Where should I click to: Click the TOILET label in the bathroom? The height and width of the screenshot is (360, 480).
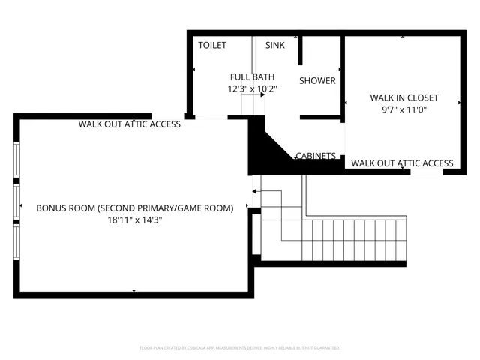[212, 46]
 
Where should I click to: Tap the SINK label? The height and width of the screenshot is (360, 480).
[275, 46]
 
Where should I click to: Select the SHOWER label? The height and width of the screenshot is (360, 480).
[318, 81]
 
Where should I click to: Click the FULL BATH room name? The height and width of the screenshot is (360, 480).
[252, 76]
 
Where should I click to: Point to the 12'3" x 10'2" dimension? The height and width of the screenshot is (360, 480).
[253, 88]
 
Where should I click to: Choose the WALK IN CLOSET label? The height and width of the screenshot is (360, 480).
[404, 97]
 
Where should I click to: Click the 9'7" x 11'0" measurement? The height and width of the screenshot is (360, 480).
[404, 109]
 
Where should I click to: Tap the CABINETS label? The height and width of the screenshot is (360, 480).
[315, 156]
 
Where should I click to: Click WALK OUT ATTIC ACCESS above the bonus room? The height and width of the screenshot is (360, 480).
[130, 124]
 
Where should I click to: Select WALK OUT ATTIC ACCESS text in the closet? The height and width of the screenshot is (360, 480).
[402, 163]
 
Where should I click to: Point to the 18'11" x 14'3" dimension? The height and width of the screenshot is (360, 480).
[135, 220]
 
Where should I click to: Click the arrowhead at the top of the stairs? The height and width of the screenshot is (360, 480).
[256, 192]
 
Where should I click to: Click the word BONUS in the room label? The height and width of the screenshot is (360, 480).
[51, 208]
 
